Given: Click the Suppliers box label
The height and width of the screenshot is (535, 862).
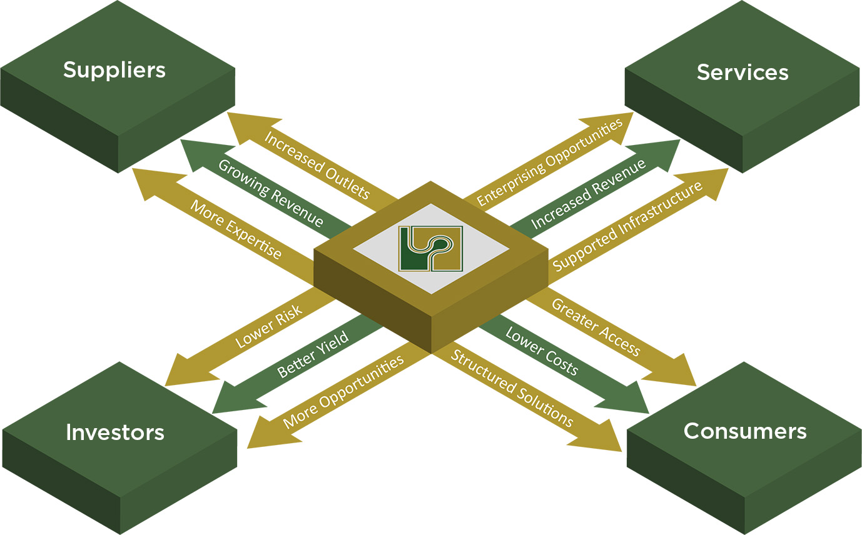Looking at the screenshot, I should click(x=114, y=69).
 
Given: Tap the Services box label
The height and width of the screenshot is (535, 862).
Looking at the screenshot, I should click(x=743, y=72).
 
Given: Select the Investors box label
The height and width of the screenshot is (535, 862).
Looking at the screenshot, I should click(x=115, y=432).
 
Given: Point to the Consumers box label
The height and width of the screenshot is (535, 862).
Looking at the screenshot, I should click(x=745, y=431).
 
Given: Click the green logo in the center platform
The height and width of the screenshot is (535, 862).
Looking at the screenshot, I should click(x=430, y=249).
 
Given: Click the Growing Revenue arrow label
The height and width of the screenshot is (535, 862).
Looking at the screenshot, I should click(x=271, y=194).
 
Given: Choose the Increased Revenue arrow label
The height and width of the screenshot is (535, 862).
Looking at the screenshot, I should click(x=588, y=194).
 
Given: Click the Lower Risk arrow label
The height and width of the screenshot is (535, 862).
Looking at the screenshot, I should click(x=269, y=326).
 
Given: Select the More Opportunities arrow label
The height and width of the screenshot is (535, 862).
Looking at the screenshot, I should click(x=343, y=392).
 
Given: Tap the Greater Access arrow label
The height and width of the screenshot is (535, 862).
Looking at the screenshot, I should click(x=596, y=327).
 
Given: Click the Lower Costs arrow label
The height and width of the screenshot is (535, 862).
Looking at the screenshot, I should click(x=542, y=350).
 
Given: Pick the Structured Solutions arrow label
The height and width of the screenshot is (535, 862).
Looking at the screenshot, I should click(x=512, y=388).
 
